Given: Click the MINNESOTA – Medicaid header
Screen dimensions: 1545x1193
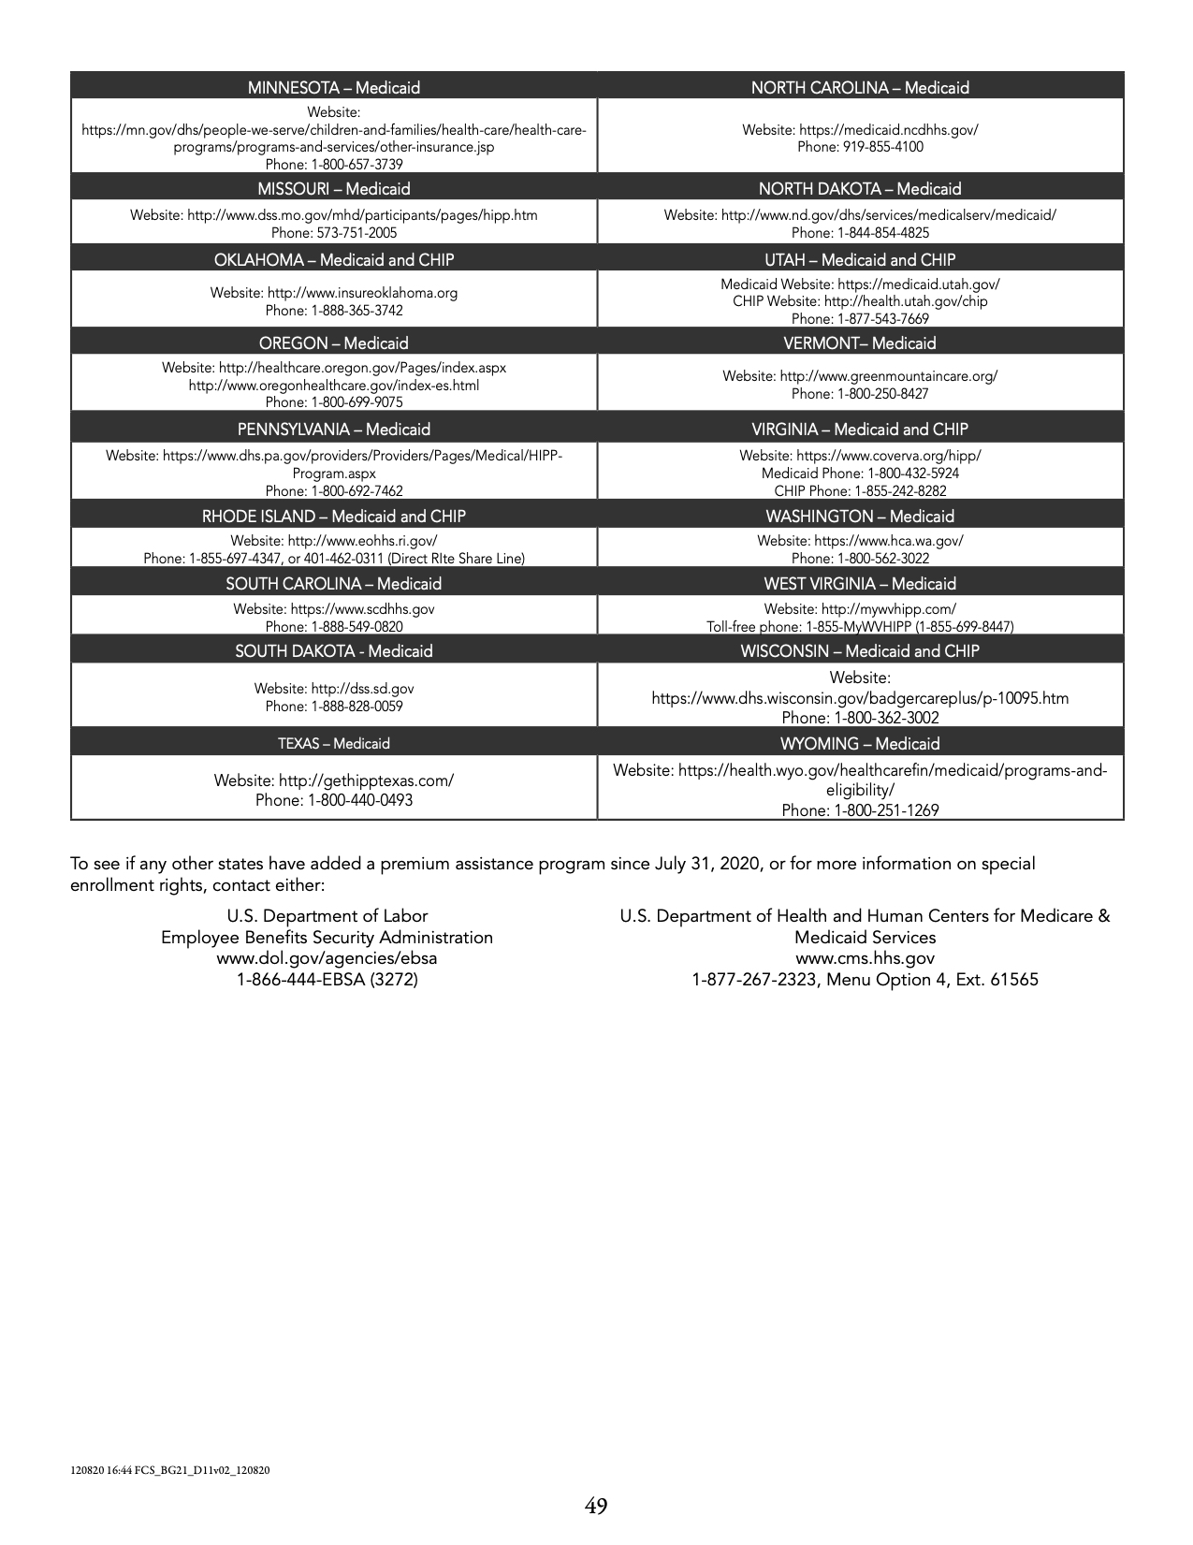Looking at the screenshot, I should [334, 88].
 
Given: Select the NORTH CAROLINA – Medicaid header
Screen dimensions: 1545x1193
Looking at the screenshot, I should [860, 88].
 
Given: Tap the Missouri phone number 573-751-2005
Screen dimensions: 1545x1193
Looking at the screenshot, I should [334, 232].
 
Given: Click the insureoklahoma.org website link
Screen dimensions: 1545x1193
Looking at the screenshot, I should [362, 293].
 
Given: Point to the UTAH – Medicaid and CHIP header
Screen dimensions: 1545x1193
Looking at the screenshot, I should [860, 260].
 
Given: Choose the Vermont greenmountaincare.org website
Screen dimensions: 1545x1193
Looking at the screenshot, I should [888, 376].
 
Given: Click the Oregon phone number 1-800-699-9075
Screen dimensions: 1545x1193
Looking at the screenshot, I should [334, 402].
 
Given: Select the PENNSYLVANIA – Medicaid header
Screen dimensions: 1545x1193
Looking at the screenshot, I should [334, 430].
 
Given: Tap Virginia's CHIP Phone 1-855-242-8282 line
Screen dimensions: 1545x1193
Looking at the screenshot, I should [860, 490].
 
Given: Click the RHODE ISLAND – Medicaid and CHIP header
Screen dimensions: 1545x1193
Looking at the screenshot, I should [334, 517].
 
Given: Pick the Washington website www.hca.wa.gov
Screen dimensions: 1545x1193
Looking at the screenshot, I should [888, 541].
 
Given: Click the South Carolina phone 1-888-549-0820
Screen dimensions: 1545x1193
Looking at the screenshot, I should [334, 627].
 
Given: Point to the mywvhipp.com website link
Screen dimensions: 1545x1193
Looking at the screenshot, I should [888, 609].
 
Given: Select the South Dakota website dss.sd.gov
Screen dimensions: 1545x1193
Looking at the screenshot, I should [362, 689].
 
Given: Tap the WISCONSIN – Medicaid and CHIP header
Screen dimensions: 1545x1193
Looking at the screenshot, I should [860, 651].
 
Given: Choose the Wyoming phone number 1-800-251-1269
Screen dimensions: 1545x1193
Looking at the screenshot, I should [860, 810].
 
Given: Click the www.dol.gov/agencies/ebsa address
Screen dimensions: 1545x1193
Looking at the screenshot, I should [327, 958].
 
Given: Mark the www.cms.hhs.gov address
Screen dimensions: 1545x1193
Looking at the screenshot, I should [865, 958].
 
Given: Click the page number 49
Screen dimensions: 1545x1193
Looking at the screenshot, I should [596, 1506].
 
